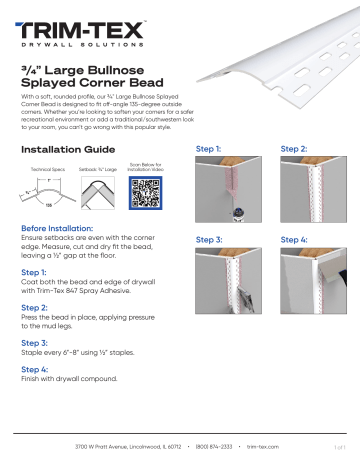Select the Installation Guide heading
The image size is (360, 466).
[x=67, y=150]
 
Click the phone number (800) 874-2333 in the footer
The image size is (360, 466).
[x=216, y=446]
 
